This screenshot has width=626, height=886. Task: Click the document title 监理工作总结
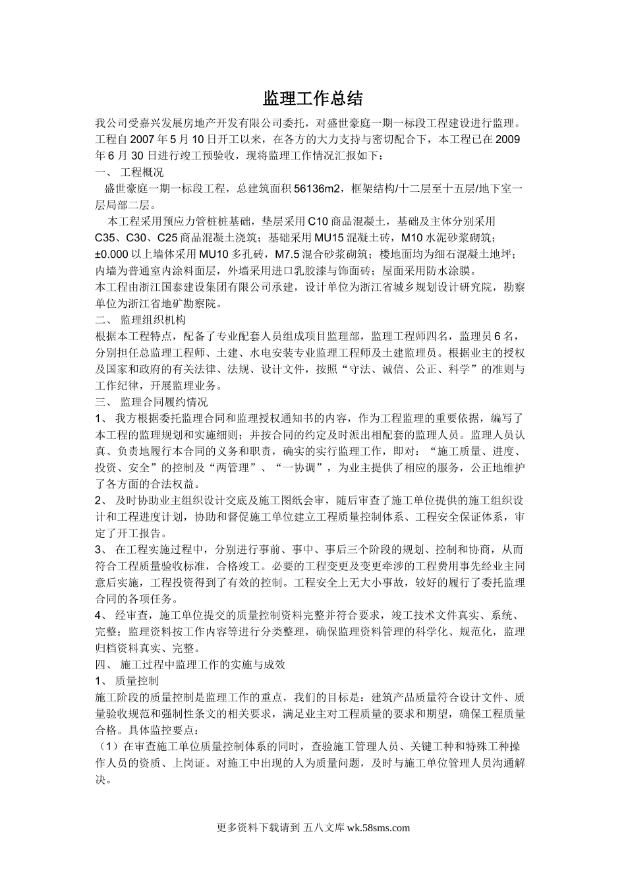(313, 99)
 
